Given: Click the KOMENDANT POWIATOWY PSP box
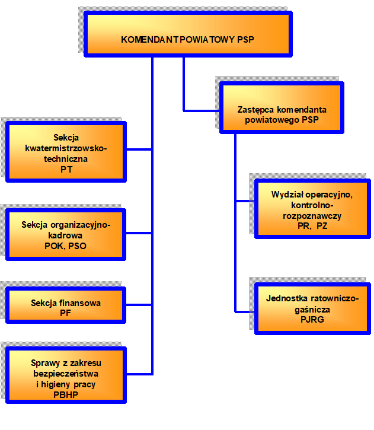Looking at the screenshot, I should (x=187, y=34).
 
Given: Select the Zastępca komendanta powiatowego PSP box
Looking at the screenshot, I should (x=282, y=107).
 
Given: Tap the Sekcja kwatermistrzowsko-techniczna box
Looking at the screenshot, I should (x=66, y=151).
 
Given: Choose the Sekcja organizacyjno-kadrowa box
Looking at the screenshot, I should (x=66, y=234).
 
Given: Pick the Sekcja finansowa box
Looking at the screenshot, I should (x=66, y=305).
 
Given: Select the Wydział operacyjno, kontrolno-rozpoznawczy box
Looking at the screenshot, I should (x=311, y=209).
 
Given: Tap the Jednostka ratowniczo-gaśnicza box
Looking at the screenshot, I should (x=311, y=308).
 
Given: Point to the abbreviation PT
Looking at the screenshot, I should (x=66, y=170).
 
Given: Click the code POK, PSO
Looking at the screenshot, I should (x=66, y=246).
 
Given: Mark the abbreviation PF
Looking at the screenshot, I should (x=66, y=313).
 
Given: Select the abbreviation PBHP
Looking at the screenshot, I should (x=66, y=394).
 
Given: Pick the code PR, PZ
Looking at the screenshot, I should (x=312, y=226).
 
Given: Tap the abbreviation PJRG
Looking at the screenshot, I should (x=312, y=320).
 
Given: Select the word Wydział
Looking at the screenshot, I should (x=286, y=195).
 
